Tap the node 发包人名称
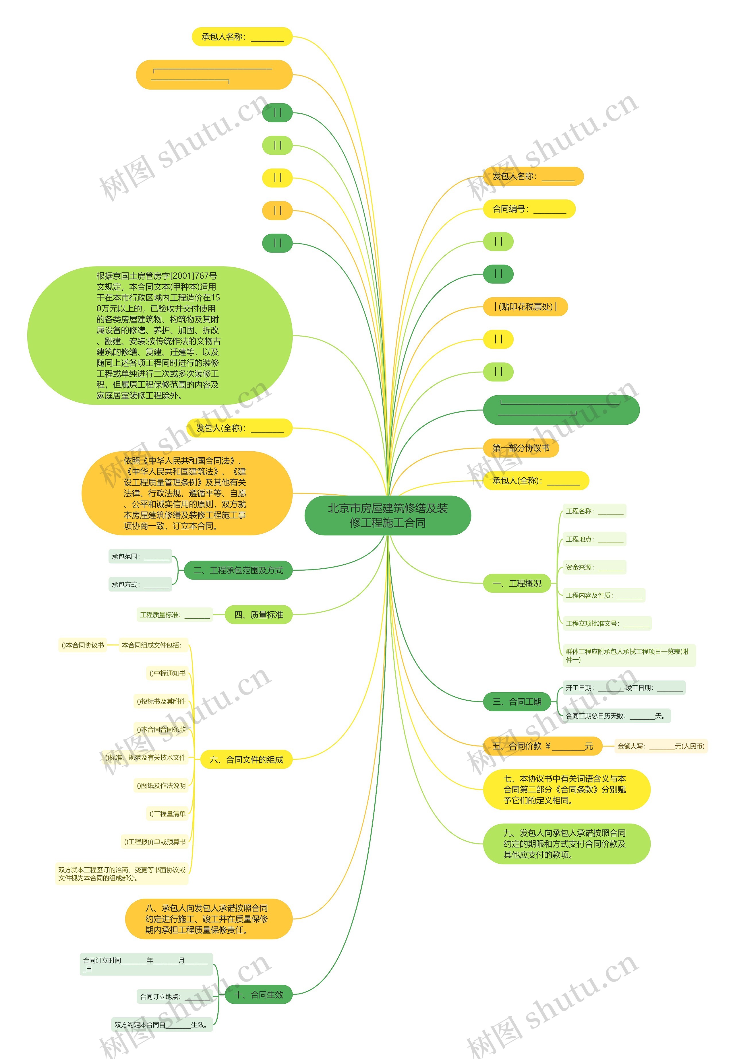[533, 176]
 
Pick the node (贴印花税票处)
[525, 306]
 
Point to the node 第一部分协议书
[521, 448]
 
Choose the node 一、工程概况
[517, 584]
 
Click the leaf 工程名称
[594, 511]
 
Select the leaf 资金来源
[594, 568]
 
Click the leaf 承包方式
[140, 584]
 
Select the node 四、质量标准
[258, 615]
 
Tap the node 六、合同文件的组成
[246, 759]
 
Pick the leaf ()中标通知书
[167, 673]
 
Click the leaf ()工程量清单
[167, 814]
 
